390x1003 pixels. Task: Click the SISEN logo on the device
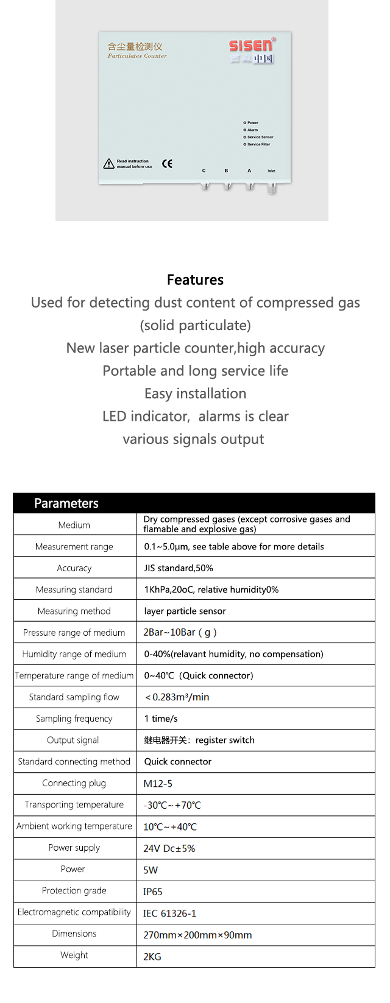point(252,46)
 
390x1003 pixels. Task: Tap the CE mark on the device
point(167,163)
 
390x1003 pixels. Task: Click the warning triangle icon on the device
point(109,164)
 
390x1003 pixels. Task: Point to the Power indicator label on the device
point(252,122)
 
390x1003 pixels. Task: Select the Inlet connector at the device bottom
point(271,186)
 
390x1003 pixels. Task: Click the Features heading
point(195,280)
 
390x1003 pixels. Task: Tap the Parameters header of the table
point(66,503)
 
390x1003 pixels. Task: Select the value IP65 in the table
point(153,892)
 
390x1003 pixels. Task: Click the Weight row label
point(74,955)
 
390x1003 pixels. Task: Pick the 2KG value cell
point(152,957)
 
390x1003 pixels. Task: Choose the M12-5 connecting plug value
point(158,784)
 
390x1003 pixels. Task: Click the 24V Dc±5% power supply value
point(169,848)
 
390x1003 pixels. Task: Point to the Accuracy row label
point(74,568)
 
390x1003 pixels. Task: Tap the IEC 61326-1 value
point(170,913)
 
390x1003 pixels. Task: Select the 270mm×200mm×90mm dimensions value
point(197,935)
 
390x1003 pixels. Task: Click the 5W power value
point(151,870)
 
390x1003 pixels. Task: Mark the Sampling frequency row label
point(74,719)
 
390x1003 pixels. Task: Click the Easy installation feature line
point(195,394)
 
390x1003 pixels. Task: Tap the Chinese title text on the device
point(135,46)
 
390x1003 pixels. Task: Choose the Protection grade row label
point(74,890)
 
